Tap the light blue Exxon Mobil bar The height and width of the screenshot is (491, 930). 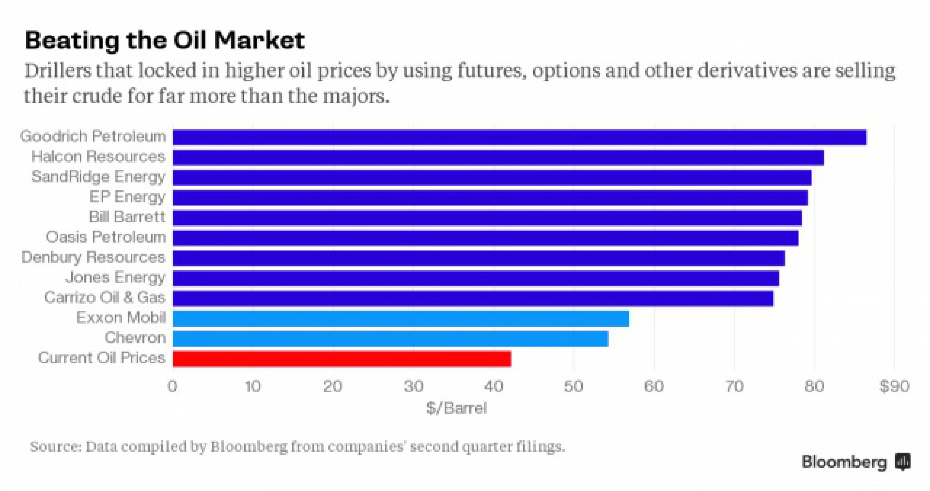click(401, 318)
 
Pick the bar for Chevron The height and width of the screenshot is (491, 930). click(390, 339)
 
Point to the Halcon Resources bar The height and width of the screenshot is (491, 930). click(498, 158)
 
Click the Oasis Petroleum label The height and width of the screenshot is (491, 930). click(105, 238)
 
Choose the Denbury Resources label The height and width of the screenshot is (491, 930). click(93, 258)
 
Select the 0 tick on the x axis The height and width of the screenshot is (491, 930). click(173, 387)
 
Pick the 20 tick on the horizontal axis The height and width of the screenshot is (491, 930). click(333, 387)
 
